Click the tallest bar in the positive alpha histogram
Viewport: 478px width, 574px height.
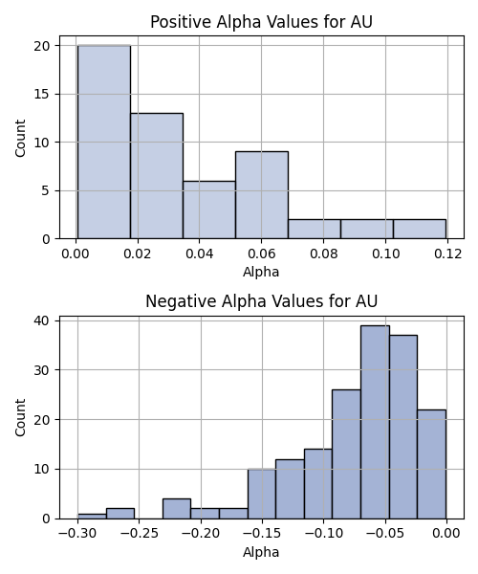104,142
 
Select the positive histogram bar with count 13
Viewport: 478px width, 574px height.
157,176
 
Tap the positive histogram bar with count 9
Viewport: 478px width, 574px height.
262,195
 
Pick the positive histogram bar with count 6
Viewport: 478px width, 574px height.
209,210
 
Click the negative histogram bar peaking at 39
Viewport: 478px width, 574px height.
375,422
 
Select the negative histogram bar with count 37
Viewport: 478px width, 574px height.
403,427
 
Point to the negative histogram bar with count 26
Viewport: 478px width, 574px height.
346,453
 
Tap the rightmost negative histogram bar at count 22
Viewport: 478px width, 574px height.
431,464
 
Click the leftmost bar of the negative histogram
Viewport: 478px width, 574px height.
92,517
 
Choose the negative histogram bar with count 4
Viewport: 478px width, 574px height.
177,509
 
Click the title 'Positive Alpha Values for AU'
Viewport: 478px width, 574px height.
262,22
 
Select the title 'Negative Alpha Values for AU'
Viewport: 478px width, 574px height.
262,301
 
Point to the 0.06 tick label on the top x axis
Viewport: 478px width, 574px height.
262,254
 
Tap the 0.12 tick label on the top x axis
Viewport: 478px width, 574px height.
448,254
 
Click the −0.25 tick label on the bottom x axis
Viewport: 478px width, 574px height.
139,534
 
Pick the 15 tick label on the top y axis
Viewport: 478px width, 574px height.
42,94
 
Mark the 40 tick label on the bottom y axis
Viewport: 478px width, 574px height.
42,320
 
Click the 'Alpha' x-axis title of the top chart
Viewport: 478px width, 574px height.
261,272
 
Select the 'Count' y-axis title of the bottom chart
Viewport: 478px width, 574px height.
20,417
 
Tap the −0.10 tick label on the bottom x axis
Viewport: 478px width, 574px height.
324,534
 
